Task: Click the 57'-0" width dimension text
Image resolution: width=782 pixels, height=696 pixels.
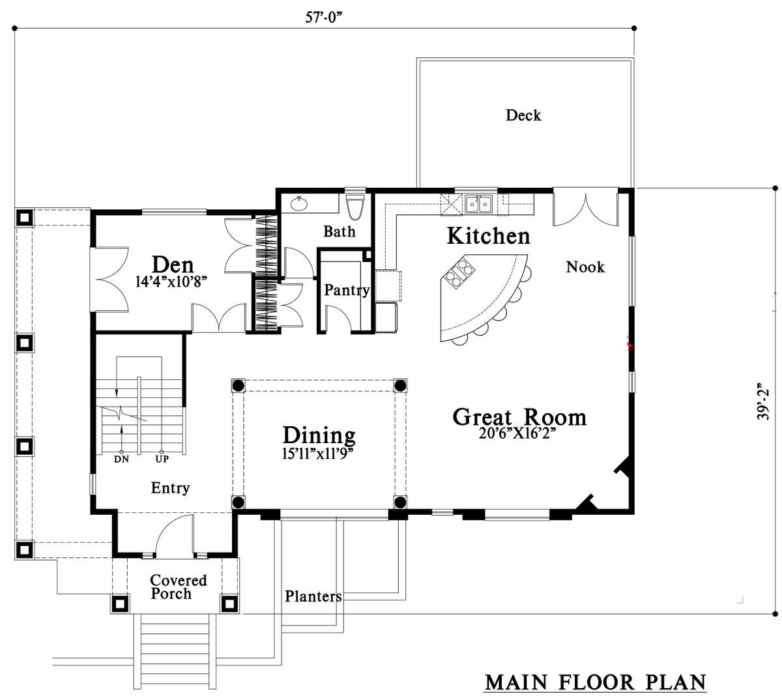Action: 323,17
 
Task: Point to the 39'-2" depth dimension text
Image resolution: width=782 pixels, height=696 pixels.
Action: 762,401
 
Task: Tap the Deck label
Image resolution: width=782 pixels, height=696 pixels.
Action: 523,115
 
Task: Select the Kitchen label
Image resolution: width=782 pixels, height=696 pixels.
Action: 488,235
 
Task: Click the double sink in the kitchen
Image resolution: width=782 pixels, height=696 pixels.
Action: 478,204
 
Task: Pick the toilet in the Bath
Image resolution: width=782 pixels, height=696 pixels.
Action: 355,207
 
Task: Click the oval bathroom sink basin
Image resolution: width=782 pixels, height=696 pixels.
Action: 298,203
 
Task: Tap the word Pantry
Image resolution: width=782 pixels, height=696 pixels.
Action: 346,290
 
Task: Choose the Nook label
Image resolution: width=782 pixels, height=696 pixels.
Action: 585,267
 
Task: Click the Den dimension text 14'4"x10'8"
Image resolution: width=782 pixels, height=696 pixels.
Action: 171,282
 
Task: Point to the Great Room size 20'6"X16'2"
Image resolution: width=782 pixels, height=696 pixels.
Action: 517,433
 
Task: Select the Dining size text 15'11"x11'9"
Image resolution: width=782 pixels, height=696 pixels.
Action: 317,453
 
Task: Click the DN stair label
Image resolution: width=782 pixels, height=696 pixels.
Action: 121,459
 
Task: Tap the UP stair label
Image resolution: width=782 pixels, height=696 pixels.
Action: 162,459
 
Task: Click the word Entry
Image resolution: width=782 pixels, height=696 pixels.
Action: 170,488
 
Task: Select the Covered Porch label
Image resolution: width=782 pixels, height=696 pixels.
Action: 178,587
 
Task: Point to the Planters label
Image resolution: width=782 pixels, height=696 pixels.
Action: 313,596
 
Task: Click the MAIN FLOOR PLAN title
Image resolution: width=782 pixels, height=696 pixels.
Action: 595,682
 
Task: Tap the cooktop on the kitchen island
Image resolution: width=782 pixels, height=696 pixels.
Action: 459,273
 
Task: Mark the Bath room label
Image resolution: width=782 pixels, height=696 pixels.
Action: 339,231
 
